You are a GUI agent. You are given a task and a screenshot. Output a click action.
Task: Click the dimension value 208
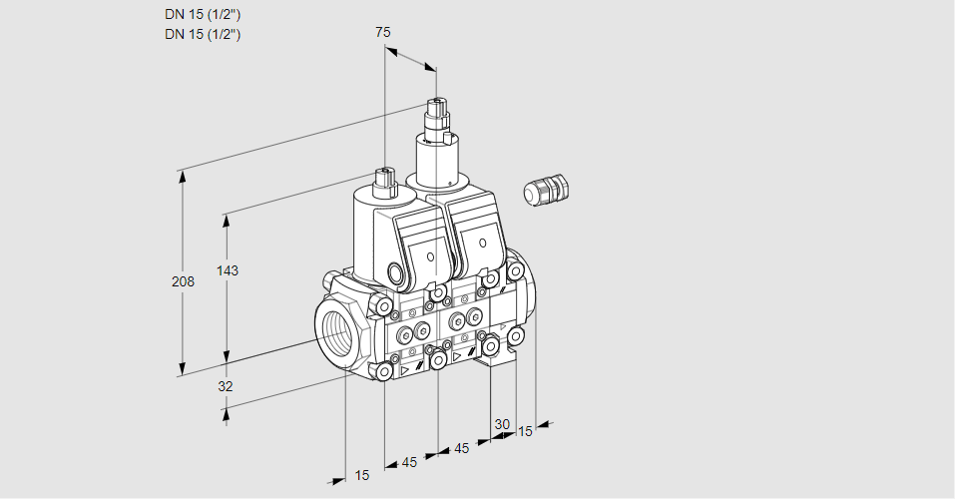point(183,282)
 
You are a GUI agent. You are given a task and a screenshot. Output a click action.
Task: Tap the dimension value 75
point(383,32)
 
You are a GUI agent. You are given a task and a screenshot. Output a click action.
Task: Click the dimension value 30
point(501,424)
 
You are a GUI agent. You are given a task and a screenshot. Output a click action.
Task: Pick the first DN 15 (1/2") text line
point(203,14)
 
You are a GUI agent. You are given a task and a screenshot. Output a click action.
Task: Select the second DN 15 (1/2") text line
point(203,34)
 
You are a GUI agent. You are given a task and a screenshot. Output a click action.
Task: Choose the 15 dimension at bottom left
point(361,475)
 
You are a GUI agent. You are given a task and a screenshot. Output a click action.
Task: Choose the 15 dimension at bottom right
point(525,431)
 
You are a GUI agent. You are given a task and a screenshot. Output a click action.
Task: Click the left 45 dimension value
point(409,462)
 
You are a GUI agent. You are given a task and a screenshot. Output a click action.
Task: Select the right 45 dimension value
point(462,448)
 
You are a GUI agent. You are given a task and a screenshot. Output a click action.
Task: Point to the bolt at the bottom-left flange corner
point(384,371)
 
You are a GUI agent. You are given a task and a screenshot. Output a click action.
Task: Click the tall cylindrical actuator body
point(435,162)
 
